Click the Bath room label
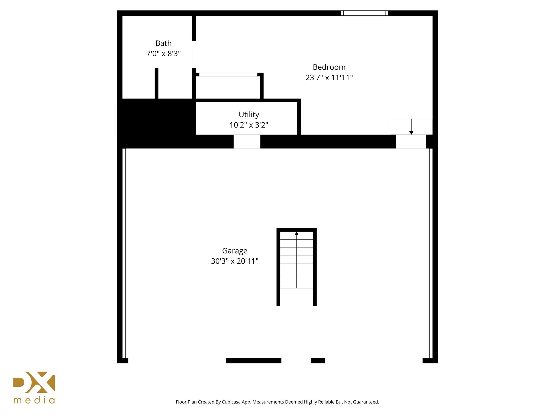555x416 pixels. coord(163,43)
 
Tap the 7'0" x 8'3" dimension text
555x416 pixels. coord(163,54)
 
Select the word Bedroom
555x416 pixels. coord(329,67)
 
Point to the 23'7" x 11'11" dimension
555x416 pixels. coord(329,78)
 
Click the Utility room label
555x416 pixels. coord(249,115)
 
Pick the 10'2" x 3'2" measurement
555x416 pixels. coord(249,125)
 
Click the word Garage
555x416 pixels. coord(235,251)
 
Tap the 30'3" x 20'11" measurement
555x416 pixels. coord(235,261)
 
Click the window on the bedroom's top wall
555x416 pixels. coord(364,13)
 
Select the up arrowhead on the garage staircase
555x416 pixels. coord(296,233)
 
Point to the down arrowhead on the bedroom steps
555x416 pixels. coord(411,133)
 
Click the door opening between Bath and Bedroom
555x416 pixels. coord(194,54)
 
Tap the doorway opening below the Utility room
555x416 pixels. coord(247,141)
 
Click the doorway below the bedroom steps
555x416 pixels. coord(411,141)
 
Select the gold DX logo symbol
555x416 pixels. coord(34,382)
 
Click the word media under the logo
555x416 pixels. coord(34,400)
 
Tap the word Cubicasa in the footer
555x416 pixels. coord(231,402)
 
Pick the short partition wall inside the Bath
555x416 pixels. coord(156,83)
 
